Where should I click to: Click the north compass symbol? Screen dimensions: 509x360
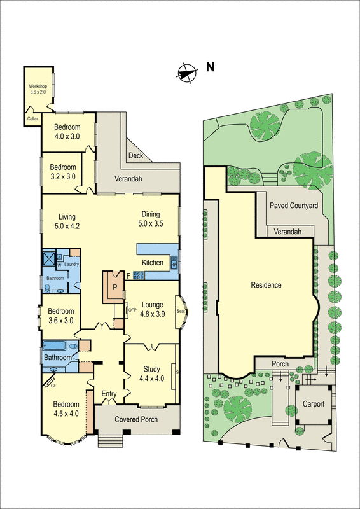point(186,73)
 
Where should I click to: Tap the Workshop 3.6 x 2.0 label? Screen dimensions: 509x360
point(38,89)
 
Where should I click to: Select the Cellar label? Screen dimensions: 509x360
point(32,118)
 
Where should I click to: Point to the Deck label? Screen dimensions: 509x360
point(135,155)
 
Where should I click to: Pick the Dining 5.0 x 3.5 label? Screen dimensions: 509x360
point(151,218)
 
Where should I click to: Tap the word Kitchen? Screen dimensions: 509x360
point(153,263)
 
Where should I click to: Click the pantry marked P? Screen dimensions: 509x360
point(114,287)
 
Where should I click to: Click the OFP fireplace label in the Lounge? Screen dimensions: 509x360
point(132,310)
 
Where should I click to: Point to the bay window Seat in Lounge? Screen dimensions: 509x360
point(180,312)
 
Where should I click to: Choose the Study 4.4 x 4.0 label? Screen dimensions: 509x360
point(151,373)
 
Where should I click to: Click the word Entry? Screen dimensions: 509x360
point(109,394)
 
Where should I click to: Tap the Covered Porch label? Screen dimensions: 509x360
point(136,420)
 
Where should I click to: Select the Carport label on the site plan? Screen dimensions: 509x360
point(313,404)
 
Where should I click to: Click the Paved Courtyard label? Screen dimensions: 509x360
point(293,206)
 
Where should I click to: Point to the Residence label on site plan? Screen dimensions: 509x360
point(265,285)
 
